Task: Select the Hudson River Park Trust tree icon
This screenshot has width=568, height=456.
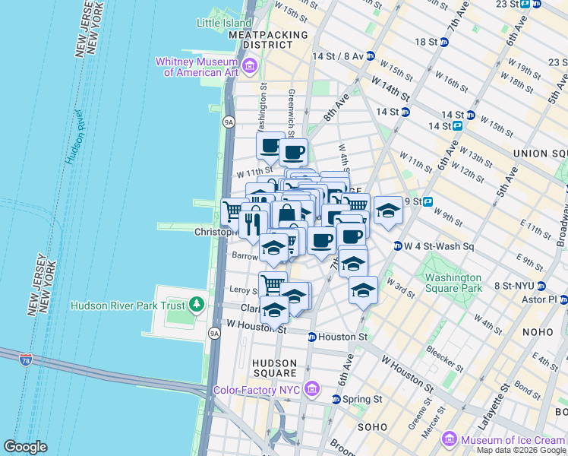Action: pyautogui.click(x=197, y=306)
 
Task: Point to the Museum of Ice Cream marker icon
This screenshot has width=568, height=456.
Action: pyautogui.click(x=450, y=440)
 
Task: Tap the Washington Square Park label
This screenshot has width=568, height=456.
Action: pyautogui.click(x=453, y=283)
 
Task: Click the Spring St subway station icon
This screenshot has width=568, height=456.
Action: pyautogui.click(x=336, y=399)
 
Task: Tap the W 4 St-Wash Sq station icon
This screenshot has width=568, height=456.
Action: pyautogui.click(x=397, y=246)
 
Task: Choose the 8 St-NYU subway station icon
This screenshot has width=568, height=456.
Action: pyautogui.click(x=541, y=286)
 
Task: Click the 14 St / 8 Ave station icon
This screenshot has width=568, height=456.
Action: pyautogui.click(x=370, y=56)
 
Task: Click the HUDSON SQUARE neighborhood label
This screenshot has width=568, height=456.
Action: pyautogui.click(x=275, y=368)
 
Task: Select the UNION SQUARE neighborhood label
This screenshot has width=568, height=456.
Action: pyautogui.click(x=541, y=154)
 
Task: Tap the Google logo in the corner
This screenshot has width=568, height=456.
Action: pyautogui.click(x=25, y=447)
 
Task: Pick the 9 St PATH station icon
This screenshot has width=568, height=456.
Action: pyautogui.click(x=428, y=201)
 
